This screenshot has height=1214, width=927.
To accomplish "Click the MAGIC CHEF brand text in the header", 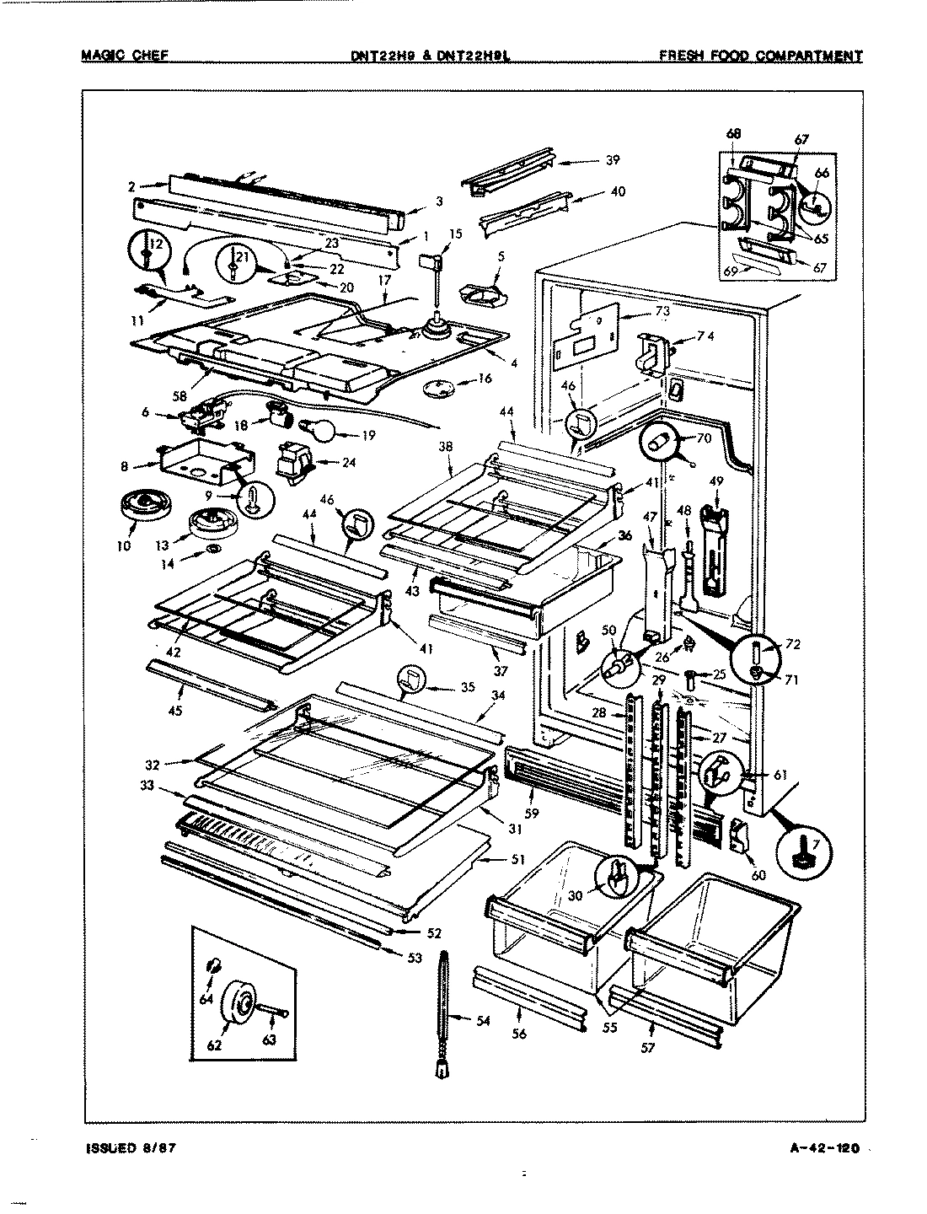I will [x=124, y=56].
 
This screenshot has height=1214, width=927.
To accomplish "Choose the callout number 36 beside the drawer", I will [x=624, y=534].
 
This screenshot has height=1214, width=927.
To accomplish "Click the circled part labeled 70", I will [x=662, y=440].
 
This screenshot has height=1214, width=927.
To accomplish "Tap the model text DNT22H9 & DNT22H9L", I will [x=433, y=56].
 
